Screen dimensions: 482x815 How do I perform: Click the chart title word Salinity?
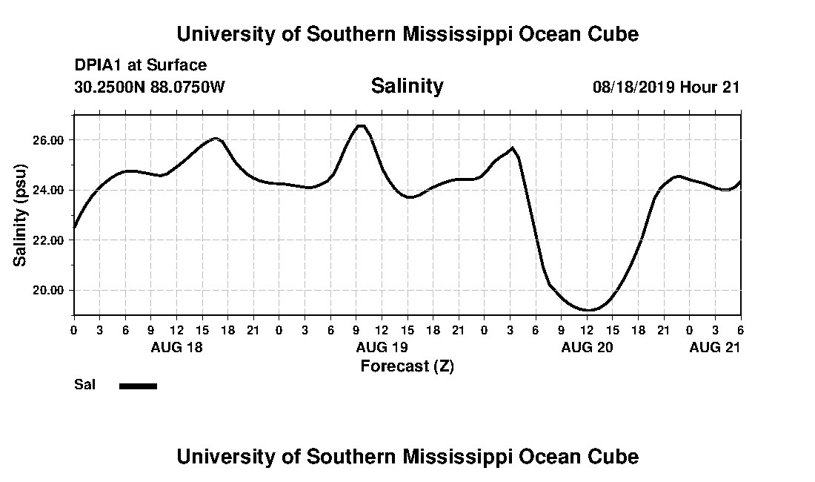pyautogui.click(x=407, y=86)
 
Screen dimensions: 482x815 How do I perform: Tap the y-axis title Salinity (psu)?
pyautogui.click(x=20, y=215)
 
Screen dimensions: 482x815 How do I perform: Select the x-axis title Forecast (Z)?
pyautogui.click(x=407, y=366)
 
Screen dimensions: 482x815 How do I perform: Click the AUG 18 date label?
pyautogui.click(x=176, y=347)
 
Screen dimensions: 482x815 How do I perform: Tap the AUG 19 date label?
pyautogui.click(x=382, y=347)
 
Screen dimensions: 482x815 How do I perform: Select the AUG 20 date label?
pyautogui.click(x=587, y=347)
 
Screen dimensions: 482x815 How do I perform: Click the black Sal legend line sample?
pyautogui.click(x=138, y=386)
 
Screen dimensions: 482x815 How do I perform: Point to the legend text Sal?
pyautogui.click(x=84, y=385)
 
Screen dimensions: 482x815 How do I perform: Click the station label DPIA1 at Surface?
pyautogui.click(x=141, y=65)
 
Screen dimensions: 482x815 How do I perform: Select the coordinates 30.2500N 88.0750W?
pyautogui.click(x=150, y=87)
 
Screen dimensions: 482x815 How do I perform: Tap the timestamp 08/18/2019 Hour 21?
pyautogui.click(x=666, y=87)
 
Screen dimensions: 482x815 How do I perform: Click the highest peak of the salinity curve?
pyautogui.click(x=361, y=126)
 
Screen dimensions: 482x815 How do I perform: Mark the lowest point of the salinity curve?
pyautogui.click(x=588, y=310)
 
